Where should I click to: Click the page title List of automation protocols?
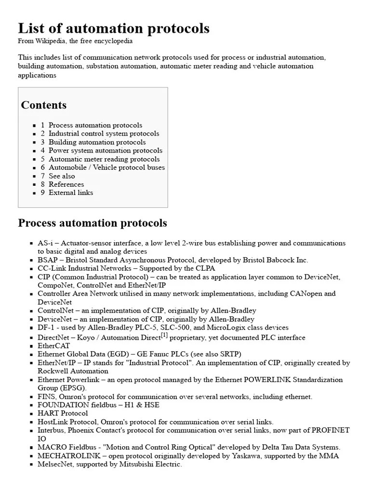click(114, 28)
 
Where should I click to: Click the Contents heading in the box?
click(44, 105)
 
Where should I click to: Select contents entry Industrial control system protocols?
click(104, 134)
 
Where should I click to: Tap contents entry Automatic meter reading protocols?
click(104, 159)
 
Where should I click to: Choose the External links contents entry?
click(71, 192)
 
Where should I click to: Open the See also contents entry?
click(62, 176)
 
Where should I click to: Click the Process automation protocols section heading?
click(92, 223)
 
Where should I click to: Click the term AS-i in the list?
click(45, 243)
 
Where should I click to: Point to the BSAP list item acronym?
click(47, 260)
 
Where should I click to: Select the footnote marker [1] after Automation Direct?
click(164, 335)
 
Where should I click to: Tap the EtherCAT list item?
click(53, 346)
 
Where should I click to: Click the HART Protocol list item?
click(63, 413)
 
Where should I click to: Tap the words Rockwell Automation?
click(73, 371)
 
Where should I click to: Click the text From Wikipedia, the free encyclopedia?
click(75, 41)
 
